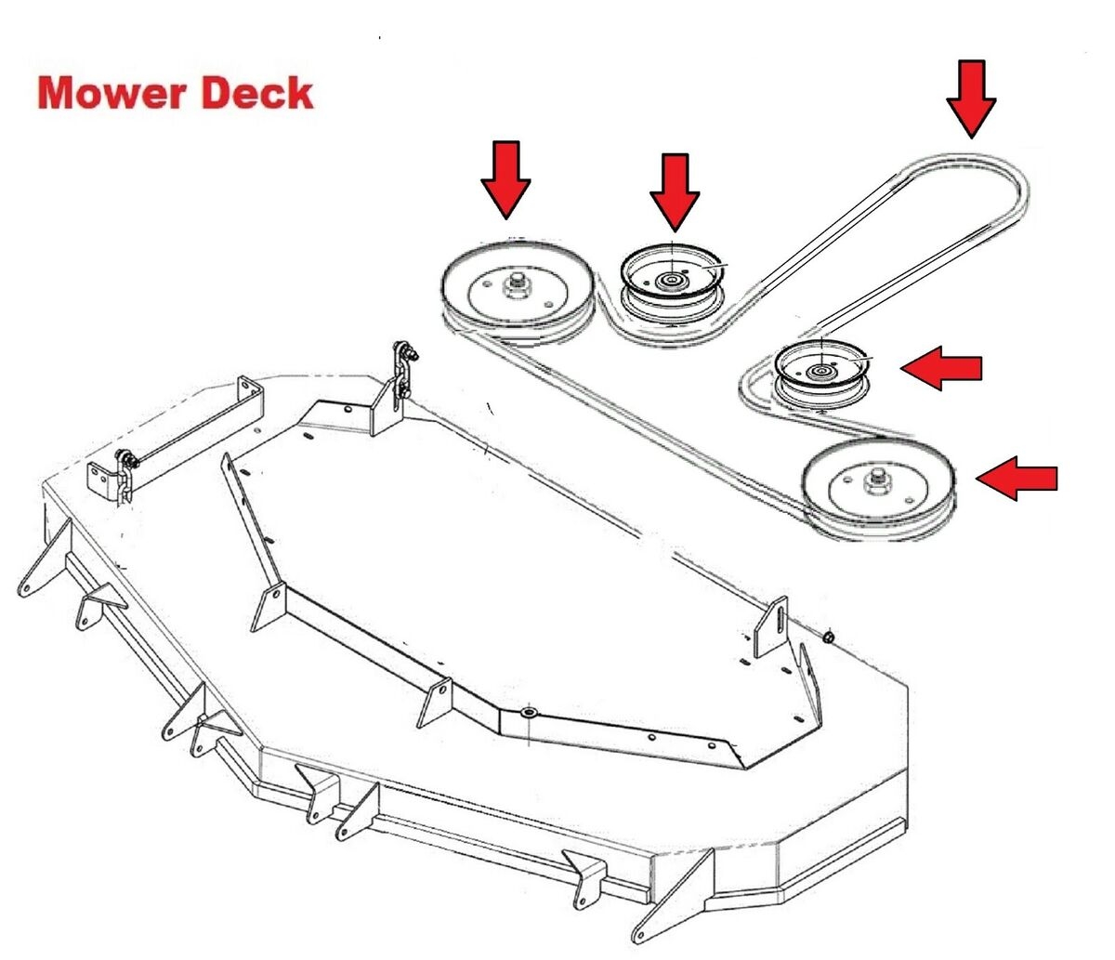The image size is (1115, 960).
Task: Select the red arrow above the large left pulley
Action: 505,179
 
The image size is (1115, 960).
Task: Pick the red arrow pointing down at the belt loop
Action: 971,99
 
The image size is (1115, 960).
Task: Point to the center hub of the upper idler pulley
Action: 669,279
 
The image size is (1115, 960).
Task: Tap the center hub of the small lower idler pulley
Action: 819,372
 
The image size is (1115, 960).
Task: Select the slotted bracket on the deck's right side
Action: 773,628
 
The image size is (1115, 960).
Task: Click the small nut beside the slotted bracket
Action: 827,637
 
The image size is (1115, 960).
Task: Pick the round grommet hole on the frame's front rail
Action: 528,712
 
